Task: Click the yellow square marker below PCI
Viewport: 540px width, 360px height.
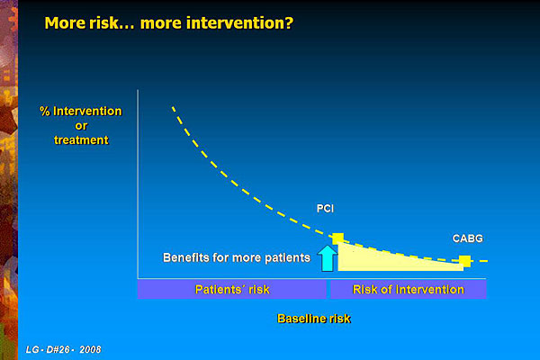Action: pyautogui.click(x=337, y=238)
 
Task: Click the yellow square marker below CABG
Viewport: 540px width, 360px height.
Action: pyautogui.click(x=465, y=261)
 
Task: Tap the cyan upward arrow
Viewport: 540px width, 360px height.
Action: pyautogui.click(x=327, y=258)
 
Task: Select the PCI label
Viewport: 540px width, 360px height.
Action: pyautogui.click(x=325, y=209)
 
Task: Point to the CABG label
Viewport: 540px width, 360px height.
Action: pyautogui.click(x=468, y=238)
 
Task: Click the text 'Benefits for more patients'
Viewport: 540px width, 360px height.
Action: pyautogui.click(x=237, y=257)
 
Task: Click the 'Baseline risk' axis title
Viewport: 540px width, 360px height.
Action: pyautogui.click(x=314, y=319)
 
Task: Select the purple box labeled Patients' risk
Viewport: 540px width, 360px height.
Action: pyautogui.click(x=232, y=289)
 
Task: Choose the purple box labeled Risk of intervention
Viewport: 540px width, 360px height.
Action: pyautogui.click(x=409, y=289)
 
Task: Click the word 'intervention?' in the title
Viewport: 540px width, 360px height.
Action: pyautogui.click(x=217, y=23)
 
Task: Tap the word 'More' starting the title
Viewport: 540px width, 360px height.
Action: pyautogui.click(x=65, y=23)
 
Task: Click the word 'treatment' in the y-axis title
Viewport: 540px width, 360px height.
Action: pyautogui.click(x=81, y=139)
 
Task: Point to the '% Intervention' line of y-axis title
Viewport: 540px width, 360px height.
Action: pyautogui.click(x=81, y=111)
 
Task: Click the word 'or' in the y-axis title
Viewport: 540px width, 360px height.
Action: pyautogui.click(x=81, y=126)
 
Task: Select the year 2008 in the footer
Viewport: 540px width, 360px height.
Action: pyautogui.click(x=90, y=350)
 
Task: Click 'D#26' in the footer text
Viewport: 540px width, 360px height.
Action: pyautogui.click(x=58, y=350)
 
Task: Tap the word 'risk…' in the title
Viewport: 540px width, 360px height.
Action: pyautogui.click(x=112, y=23)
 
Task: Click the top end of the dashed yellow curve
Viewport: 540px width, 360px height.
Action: pyautogui.click(x=173, y=107)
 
